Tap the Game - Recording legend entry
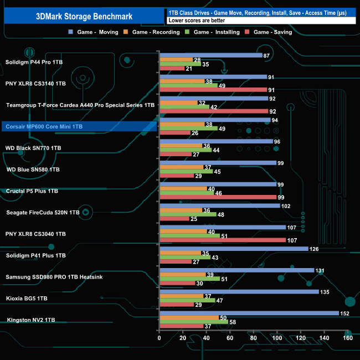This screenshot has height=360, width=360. point(156,32)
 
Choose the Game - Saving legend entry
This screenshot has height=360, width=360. point(274,32)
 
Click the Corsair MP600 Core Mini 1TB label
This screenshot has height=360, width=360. point(44,127)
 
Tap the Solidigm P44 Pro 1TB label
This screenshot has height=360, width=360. point(34,62)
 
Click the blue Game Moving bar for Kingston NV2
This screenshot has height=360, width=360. point(249,313)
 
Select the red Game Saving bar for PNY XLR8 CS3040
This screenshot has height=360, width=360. point(222,240)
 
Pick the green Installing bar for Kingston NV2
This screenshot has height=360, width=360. point(193,322)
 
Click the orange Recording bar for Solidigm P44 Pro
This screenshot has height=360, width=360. point(176,60)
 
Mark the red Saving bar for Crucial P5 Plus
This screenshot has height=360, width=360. point(217,197)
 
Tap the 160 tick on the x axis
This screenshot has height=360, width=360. point(347,338)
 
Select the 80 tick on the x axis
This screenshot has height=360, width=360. point(253,338)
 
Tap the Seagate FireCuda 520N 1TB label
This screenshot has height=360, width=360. point(43,212)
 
